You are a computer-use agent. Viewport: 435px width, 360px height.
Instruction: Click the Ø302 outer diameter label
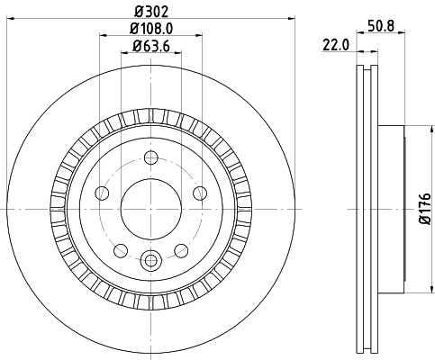[150, 12]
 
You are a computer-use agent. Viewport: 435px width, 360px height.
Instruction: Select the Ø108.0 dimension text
[150, 30]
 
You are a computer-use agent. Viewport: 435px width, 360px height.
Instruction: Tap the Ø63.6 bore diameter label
[150, 47]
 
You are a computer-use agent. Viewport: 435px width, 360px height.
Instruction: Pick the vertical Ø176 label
[423, 208]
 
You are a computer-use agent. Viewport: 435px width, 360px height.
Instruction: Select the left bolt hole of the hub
[102, 193]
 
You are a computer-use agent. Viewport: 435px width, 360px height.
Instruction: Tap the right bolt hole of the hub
[199, 193]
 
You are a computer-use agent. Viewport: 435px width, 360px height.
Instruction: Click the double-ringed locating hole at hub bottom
[150, 258]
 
